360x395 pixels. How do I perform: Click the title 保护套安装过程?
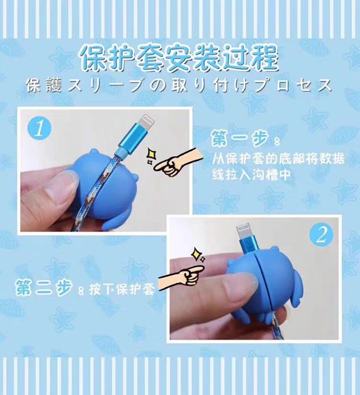[x=180, y=59]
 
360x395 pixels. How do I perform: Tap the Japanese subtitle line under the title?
[x=180, y=85]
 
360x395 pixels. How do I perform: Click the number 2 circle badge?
[x=321, y=236]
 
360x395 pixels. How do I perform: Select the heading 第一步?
[x=240, y=138]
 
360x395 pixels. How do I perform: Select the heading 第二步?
[x=44, y=287]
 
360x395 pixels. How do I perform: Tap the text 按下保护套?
[x=121, y=290]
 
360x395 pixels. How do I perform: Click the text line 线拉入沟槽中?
[x=251, y=174]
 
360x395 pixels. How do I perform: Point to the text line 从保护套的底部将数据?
[x=278, y=159]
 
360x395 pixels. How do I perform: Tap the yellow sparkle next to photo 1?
[x=151, y=156]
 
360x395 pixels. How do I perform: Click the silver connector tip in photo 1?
[x=148, y=120]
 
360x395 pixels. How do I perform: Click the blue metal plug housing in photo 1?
[x=133, y=138]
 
